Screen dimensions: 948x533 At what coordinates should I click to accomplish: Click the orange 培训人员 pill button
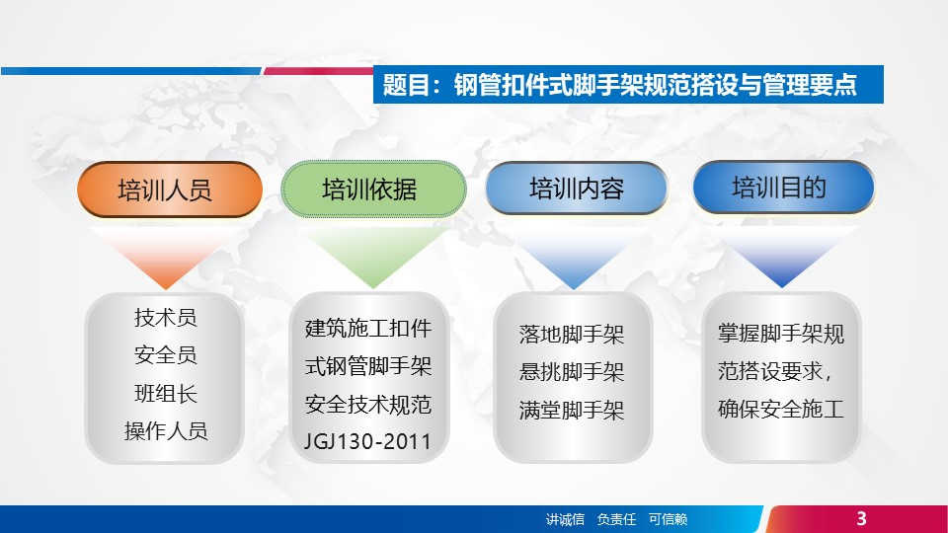click(x=170, y=190)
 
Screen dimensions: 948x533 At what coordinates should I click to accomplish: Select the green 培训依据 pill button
click(x=373, y=189)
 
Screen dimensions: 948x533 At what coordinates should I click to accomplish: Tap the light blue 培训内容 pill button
click(x=576, y=188)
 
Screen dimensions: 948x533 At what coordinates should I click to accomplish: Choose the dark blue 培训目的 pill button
click(x=783, y=187)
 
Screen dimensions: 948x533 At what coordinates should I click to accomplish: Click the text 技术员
click(x=166, y=317)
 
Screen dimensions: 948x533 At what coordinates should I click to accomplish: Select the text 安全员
click(x=166, y=354)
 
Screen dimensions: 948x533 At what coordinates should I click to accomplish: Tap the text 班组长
click(x=166, y=394)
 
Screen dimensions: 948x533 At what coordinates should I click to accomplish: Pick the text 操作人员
click(x=166, y=431)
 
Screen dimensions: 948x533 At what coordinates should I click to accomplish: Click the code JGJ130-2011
click(x=367, y=442)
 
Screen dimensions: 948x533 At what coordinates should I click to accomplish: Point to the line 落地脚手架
click(x=572, y=335)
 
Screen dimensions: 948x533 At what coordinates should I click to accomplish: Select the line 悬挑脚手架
click(x=572, y=372)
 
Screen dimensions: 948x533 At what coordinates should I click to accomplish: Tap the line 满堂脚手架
click(x=572, y=411)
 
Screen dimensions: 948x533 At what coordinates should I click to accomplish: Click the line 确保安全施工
click(x=780, y=409)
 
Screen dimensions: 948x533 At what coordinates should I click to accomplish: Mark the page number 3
click(x=861, y=518)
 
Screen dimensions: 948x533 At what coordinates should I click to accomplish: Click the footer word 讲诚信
click(x=565, y=519)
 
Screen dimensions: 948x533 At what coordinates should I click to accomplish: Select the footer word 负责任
click(x=616, y=519)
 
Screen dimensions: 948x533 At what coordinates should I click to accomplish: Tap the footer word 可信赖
click(x=668, y=519)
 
